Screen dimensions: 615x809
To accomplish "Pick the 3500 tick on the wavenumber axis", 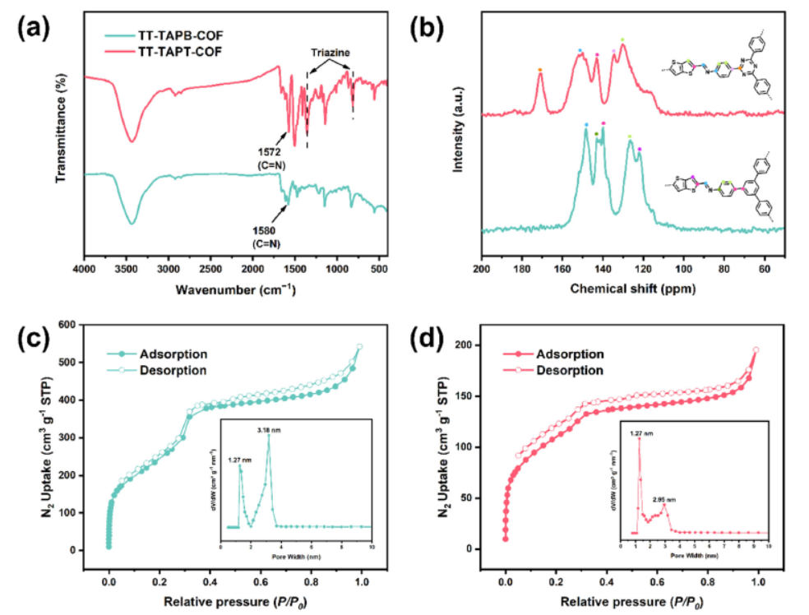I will tap(126, 269).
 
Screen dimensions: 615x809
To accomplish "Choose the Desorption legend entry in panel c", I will tap(173, 369).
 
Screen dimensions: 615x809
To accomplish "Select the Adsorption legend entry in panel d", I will tap(570, 354).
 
